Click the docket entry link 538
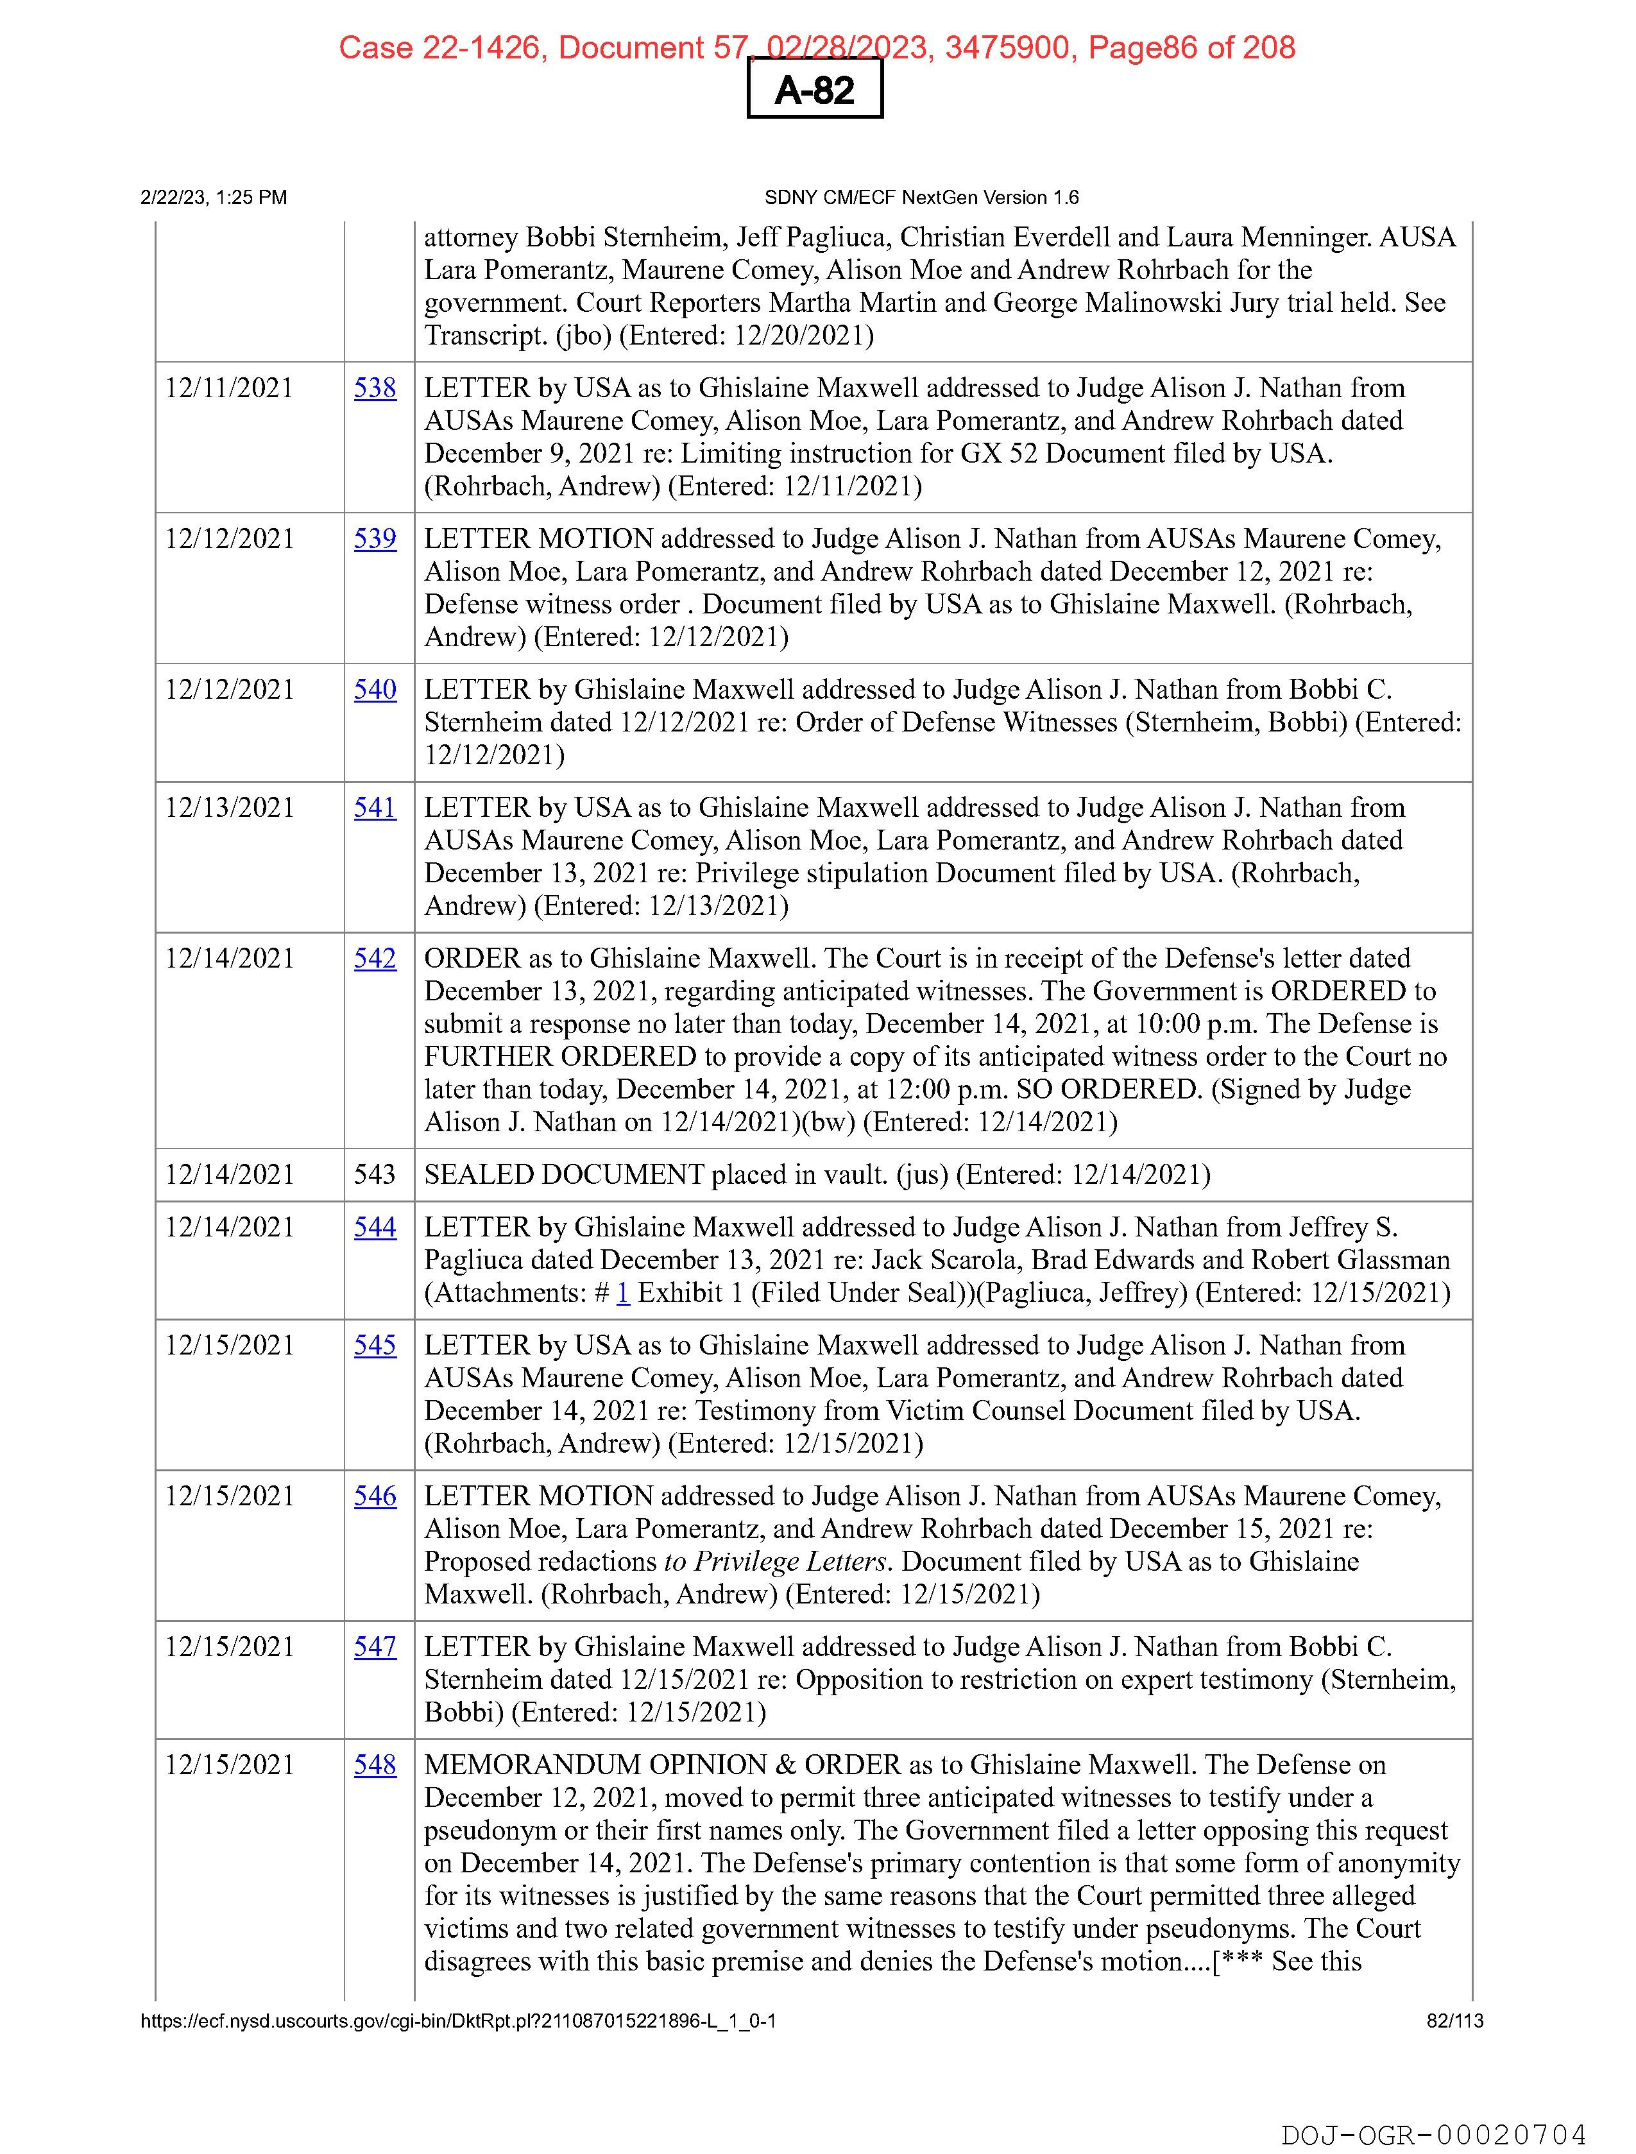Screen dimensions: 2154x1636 point(375,389)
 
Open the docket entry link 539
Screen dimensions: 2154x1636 point(375,540)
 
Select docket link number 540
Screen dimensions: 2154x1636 point(375,690)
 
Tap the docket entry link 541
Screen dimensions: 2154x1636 point(375,808)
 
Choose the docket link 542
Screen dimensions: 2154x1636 point(375,959)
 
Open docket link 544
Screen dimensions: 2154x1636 point(375,1228)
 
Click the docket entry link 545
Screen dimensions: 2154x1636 point(375,1346)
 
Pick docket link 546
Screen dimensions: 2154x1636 point(375,1497)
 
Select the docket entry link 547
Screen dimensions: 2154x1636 point(375,1648)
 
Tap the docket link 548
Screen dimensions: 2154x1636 point(375,1765)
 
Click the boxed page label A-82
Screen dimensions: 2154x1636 point(814,90)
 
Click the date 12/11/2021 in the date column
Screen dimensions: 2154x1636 point(229,389)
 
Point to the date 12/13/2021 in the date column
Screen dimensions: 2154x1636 point(229,808)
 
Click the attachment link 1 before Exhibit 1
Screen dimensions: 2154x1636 point(623,1293)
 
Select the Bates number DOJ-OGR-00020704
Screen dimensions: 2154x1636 point(1433,2135)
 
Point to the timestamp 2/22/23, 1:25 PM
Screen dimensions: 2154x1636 point(214,198)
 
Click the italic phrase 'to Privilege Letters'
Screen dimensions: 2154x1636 point(775,1562)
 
